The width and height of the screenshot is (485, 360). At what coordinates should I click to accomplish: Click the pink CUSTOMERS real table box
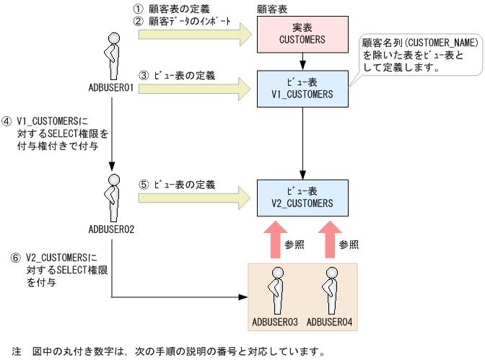coord(302,34)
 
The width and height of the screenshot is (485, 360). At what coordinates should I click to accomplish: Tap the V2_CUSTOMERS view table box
coord(302,197)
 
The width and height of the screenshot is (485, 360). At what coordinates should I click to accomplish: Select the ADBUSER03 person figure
coord(275,289)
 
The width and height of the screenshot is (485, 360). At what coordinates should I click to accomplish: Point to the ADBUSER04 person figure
coord(329,289)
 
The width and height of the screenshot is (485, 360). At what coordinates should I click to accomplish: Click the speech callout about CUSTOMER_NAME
coord(421,56)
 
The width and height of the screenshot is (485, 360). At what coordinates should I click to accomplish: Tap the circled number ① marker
coord(139,9)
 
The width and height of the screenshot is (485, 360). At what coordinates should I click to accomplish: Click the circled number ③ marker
coord(144,75)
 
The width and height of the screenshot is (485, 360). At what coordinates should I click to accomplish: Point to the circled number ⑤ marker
coord(144,185)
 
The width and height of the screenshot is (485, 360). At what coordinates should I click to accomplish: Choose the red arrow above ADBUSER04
coord(329,240)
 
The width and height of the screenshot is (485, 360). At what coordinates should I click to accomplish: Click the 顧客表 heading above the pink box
coord(272,9)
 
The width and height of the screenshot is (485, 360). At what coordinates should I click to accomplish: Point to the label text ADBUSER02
coord(112,229)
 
